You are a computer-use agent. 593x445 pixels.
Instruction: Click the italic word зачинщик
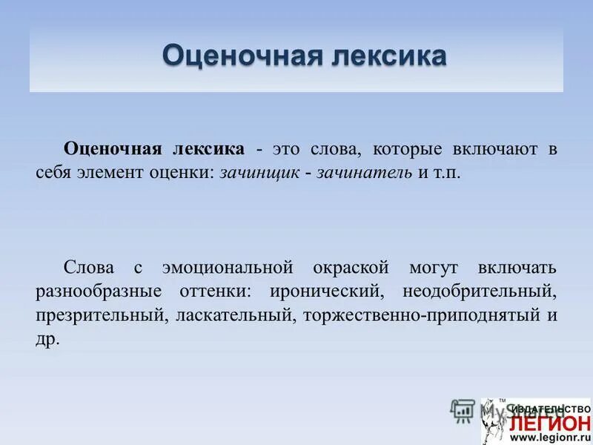260,174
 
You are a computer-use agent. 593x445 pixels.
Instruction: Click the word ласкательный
233,315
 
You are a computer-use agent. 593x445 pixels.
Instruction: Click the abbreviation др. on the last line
46,340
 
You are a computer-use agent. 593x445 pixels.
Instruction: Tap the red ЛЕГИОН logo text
549,422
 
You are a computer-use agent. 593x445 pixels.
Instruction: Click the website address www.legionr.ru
549,437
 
